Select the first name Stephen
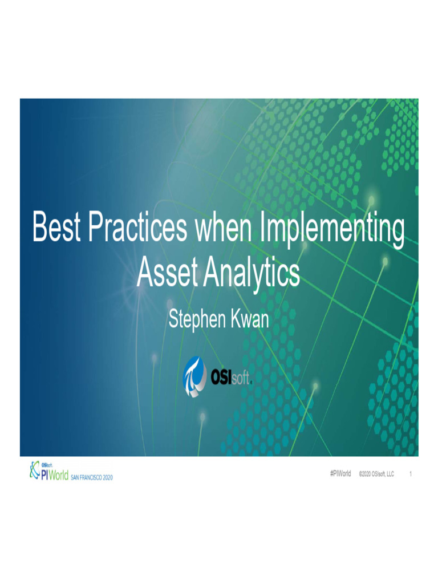(196, 320)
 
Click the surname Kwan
(248, 320)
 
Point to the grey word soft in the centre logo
(242, 377)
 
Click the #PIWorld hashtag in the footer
(340, 474)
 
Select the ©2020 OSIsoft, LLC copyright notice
(376, 474)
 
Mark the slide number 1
(411, 474)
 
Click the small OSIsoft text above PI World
(47, 464)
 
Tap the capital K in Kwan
(234, 320)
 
